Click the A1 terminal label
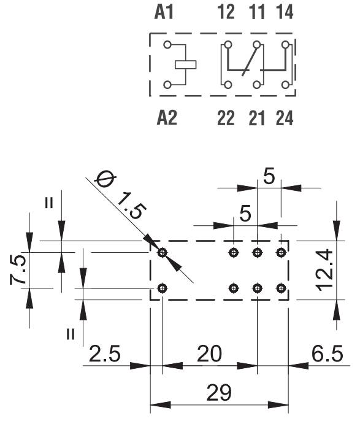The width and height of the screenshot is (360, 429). pyautogui.click(x=164, y=12)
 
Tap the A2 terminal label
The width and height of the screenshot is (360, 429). pyautogui.click(x=167, y=118)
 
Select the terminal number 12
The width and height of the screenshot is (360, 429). pyautogui.click(x=226, y=12)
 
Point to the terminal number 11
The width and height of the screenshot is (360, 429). pyautogui.click(x=257, y=12)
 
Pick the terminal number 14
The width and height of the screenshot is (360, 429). pyautogui.click(x=285, y=12)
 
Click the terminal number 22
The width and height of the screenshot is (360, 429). pyautogui.click(x=226, y=118)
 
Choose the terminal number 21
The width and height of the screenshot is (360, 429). pyautogui.click(x=257, y=118)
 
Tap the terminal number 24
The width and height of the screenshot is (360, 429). pyautogui.click(x=285, y=118)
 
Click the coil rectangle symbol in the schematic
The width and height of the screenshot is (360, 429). pyautogui.click(x=186, y=64)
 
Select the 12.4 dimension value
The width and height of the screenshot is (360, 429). pyautogui.click(x=324, y=270)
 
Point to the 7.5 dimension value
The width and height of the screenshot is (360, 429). pyautogui.click(x=18, y=269)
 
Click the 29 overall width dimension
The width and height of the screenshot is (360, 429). pyautogui.click(x=219, y=393)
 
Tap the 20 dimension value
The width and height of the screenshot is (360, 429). pyautogui.click(x=209, y=354)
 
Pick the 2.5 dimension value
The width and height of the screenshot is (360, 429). pyautogui.click(x=104, y=354)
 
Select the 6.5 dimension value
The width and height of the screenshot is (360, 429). pyautogui.click(x=327, y=354)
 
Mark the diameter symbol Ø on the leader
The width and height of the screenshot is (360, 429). pyautogui.click(x=105, y=180)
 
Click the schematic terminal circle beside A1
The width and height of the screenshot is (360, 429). pyautogui.click(x=167, y=45)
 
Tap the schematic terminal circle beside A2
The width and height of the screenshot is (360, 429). pyautogui.click(x=167, y=85)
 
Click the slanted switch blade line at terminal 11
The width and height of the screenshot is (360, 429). pyautogui.click(x=249, y=61)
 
